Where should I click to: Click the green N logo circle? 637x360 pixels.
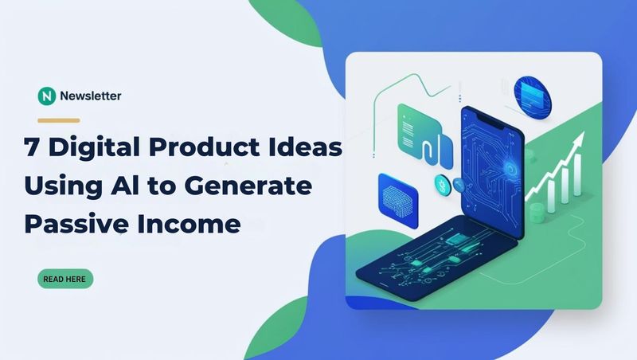[47, 96]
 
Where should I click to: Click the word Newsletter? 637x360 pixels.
[91, 96]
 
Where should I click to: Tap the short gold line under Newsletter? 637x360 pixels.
[58, 120]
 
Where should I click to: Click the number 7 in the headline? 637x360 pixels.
[31, 147]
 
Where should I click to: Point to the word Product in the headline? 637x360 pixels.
[205, 147]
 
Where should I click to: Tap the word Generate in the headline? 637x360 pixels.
[248, 186]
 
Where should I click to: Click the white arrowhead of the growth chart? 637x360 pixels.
[579, 139]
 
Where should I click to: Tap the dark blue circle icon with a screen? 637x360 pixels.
[533, 96]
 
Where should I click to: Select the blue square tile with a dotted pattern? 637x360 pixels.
[397, 201]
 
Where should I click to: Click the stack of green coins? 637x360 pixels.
[537, 213]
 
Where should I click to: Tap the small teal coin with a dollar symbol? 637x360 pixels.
[441, 185]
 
